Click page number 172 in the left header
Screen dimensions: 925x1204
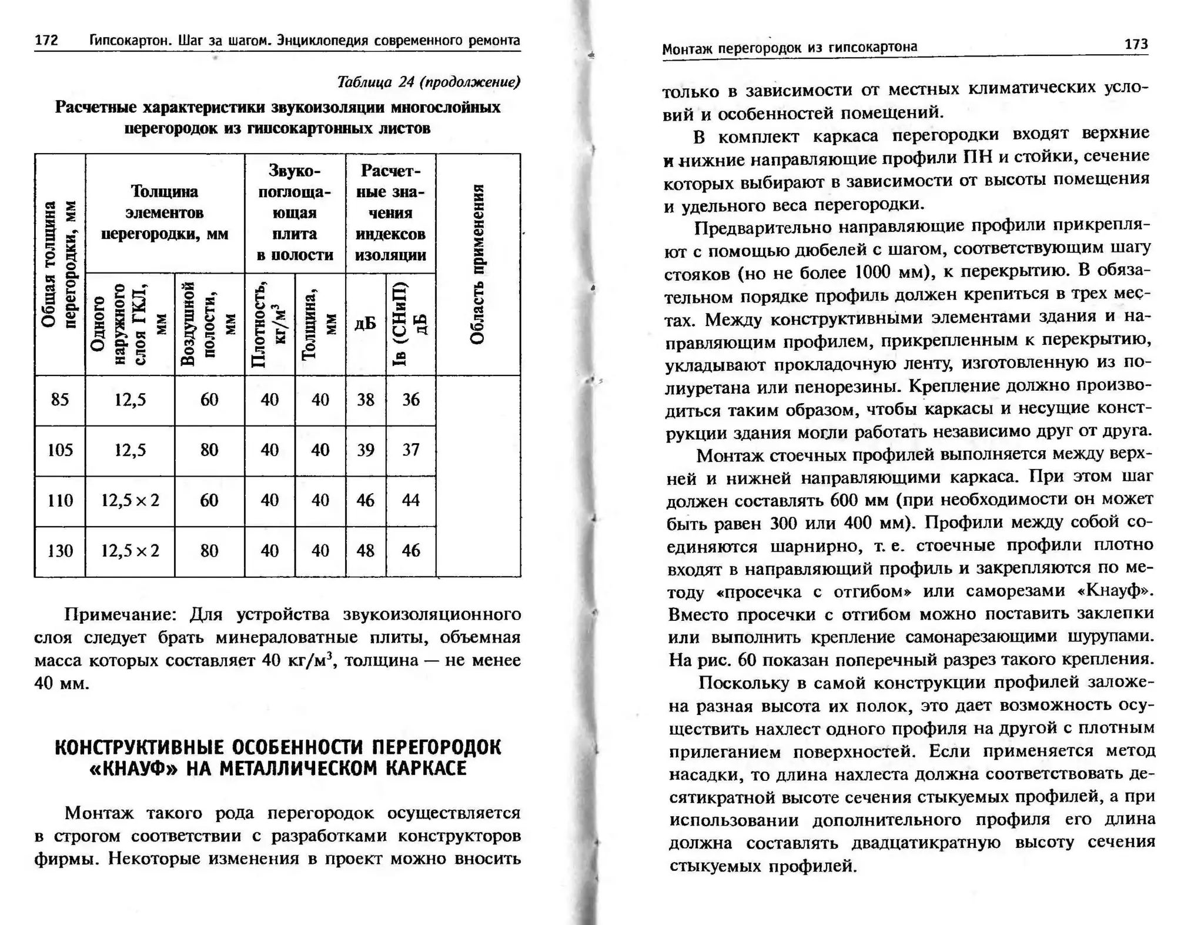tap(46, 40)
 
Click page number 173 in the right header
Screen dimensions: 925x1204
tap(1135, 44)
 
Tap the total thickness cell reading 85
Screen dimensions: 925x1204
tap(60, 400)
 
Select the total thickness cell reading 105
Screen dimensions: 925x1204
tap(60, 450)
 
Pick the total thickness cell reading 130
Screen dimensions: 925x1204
tap(60, 551)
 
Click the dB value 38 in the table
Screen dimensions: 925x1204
tap(366, 400)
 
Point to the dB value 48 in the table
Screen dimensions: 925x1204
tap(366, 551)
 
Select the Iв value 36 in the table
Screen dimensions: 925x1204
tap(411, 400)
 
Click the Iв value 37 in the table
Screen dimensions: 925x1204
tap(411, 450)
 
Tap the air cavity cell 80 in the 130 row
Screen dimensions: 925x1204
tap(209, 551)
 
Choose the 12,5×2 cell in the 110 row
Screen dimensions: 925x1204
tap(130, 501)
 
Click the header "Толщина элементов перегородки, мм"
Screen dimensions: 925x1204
tap(165, 212)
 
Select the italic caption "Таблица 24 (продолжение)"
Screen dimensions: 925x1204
tap(429, 82)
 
